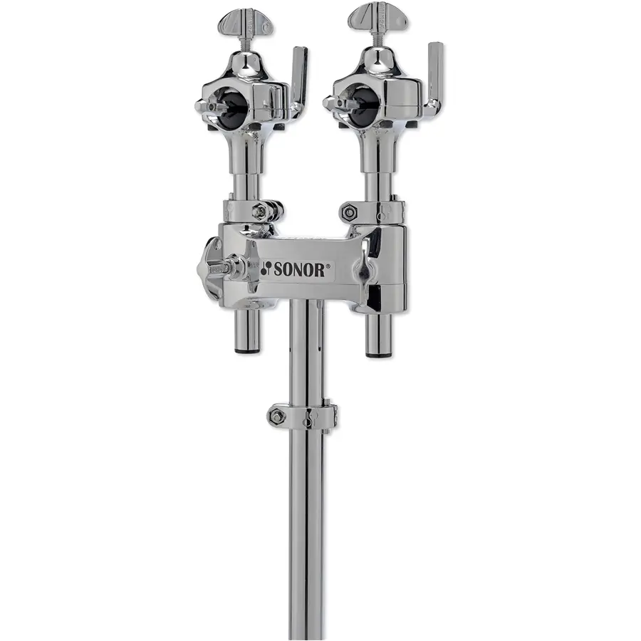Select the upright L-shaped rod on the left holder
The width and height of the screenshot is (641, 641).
click(x=299, y=78)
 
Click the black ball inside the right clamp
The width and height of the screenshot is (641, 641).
click(x=361, y=103)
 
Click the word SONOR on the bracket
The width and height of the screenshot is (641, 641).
click(x=301, y=269)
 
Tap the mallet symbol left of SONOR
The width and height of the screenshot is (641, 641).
click(x=266, y=269)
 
